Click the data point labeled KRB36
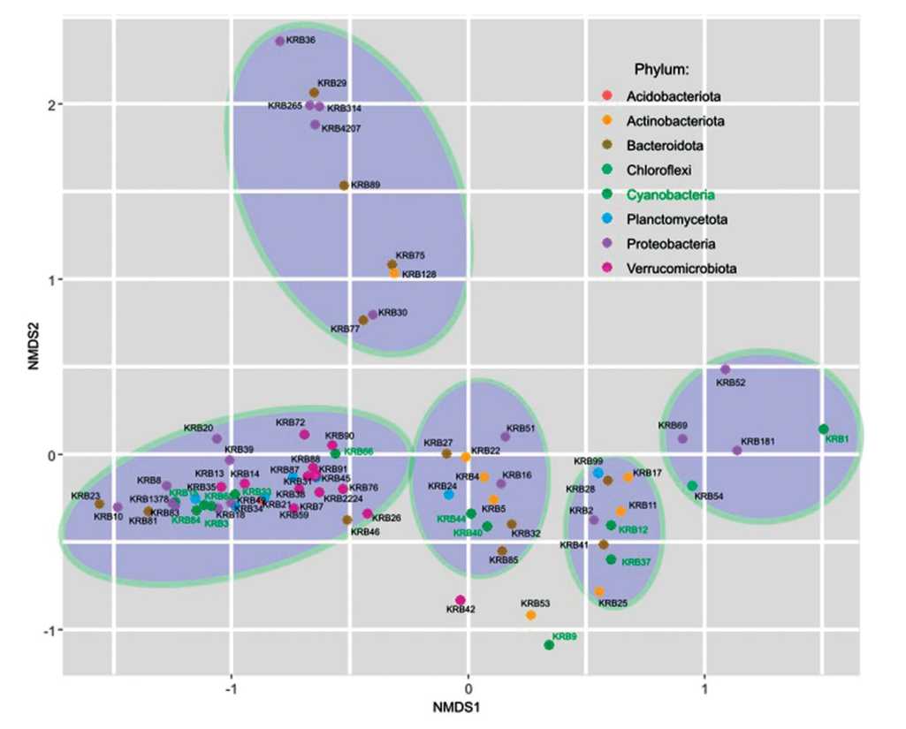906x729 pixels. (280, 41)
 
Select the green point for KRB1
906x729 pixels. (824, 429)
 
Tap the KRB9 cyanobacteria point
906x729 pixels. (549, 645)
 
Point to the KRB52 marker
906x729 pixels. (726, 369)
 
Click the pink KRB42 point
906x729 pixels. (460, 601)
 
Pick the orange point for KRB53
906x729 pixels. (530, 615)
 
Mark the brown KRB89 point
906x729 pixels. (345, 186)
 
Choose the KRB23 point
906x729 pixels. (99, 505)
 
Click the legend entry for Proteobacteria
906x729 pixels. (670, 244)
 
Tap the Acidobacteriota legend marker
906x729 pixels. (605, 95)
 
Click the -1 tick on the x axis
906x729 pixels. (232, 690)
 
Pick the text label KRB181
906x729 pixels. (758, 441)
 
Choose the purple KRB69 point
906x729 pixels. (682, 439)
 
